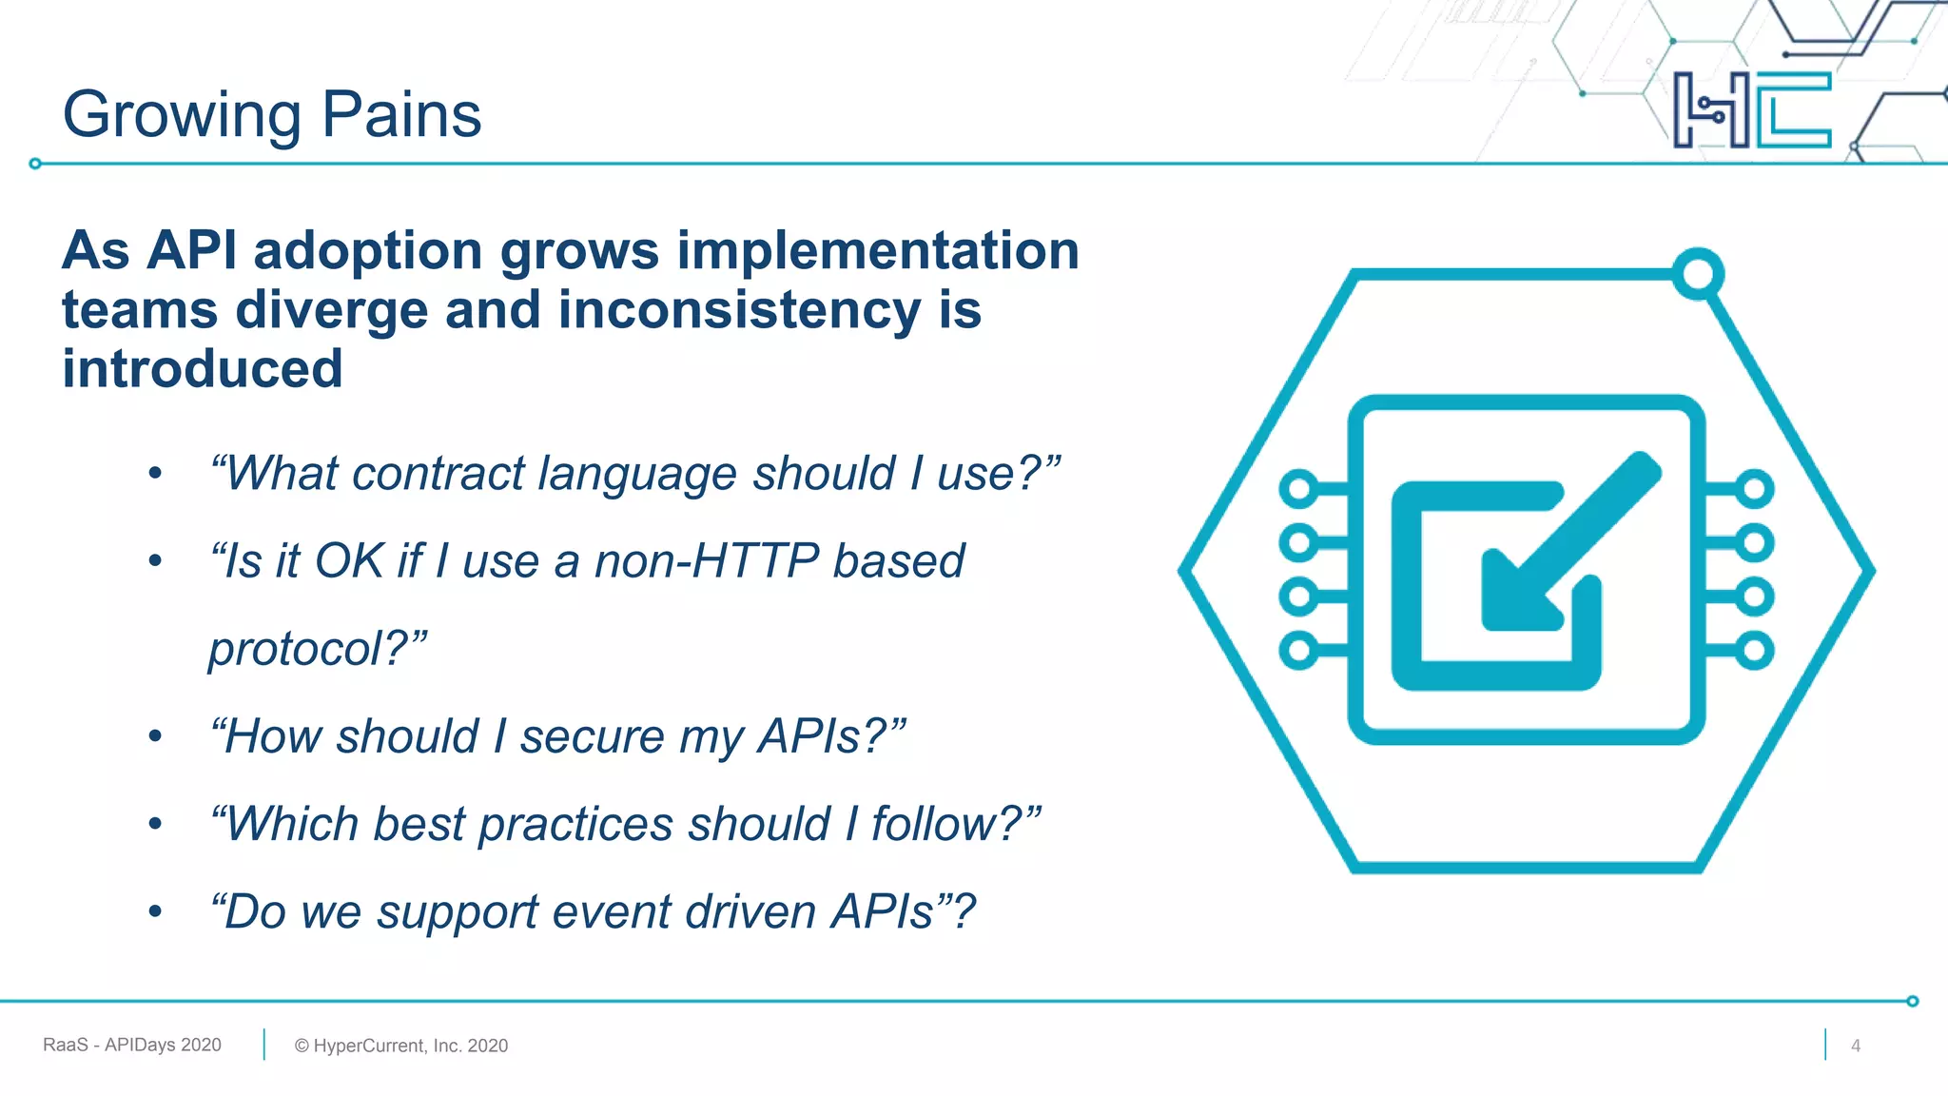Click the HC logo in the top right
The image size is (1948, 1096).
click(1751, 110)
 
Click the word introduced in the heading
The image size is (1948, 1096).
click(202, 369)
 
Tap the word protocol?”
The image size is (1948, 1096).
click(318, 649)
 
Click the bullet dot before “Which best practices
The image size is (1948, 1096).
click(155, 824)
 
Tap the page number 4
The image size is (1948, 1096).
click(1855, 1046)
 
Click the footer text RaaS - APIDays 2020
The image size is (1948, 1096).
click(132, 1045)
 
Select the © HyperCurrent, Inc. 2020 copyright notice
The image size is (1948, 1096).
click(401, 1046)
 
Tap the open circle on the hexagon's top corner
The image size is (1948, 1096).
click(1698, 274)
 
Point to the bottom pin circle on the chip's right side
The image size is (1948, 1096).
click(1754, 651)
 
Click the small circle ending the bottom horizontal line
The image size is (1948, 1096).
click(1912, 1001)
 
